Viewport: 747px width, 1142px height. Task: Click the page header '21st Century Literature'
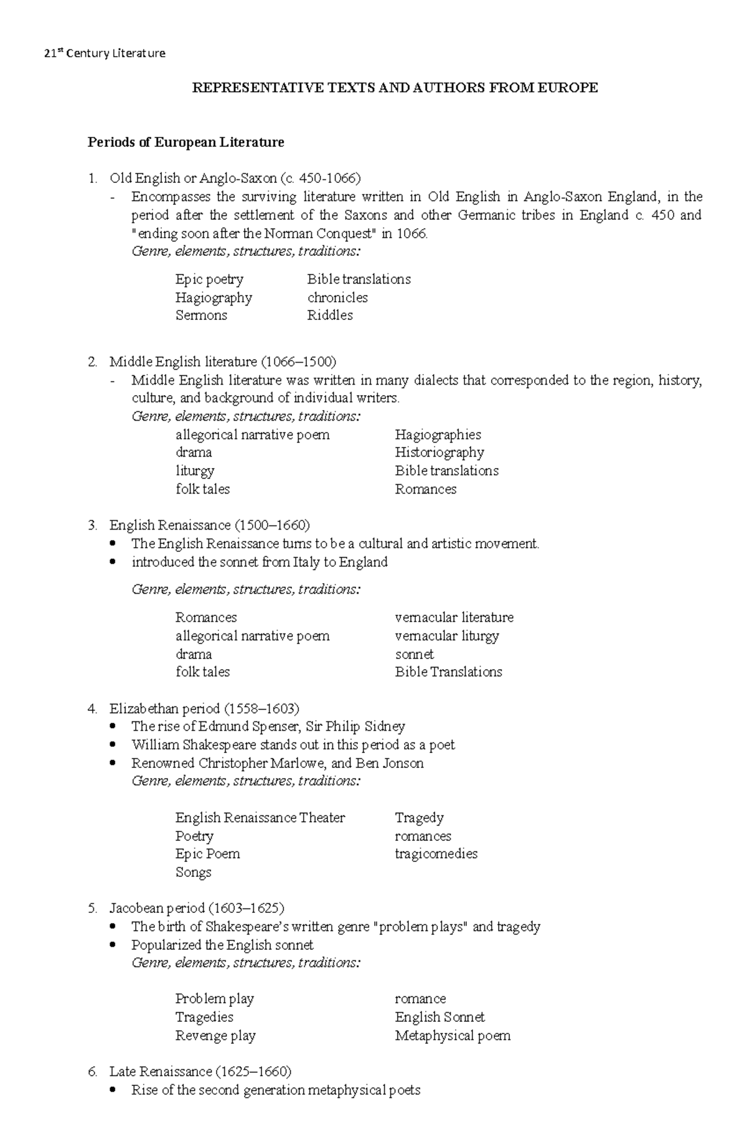[105, 53]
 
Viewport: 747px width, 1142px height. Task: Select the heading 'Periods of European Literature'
[186, 143]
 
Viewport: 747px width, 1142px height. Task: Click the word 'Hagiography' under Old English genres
[214, 297]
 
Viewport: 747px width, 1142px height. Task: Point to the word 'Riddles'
[330, 316]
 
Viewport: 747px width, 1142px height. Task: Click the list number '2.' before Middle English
[93, 362]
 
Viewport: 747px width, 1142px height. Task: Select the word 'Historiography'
[439, 452]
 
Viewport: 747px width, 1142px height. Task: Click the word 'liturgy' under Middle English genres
[195, 471]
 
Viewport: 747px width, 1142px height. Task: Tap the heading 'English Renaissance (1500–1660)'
[209, 525]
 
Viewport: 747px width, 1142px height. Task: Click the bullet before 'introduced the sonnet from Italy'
[113, 562]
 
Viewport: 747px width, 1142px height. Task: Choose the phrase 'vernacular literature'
[454, 617]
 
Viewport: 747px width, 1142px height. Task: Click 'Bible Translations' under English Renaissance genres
[448, 672]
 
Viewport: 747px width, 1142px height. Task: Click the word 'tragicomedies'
[436, 854]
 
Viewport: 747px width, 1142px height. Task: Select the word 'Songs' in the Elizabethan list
[194, 873]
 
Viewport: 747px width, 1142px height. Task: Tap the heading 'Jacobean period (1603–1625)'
[197, 909]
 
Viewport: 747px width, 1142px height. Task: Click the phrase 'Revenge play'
[215, 1036]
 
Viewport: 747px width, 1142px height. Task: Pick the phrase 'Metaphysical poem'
[453, 1036]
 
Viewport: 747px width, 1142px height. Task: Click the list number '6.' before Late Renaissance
[93, 1072]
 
